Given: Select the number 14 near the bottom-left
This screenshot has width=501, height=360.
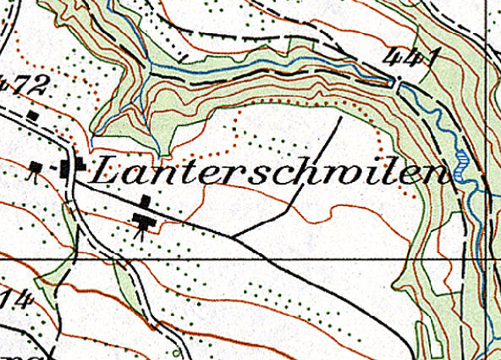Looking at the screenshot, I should [x=12, y=298].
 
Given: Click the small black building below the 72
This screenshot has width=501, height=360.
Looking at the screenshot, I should [x=32, y=114].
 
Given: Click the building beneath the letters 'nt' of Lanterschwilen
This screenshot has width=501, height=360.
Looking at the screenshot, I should [x=145, y=202].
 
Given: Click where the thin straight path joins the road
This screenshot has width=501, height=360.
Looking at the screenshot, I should [x=233, y=235].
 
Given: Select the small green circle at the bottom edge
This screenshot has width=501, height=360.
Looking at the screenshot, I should [x=176, y=352].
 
